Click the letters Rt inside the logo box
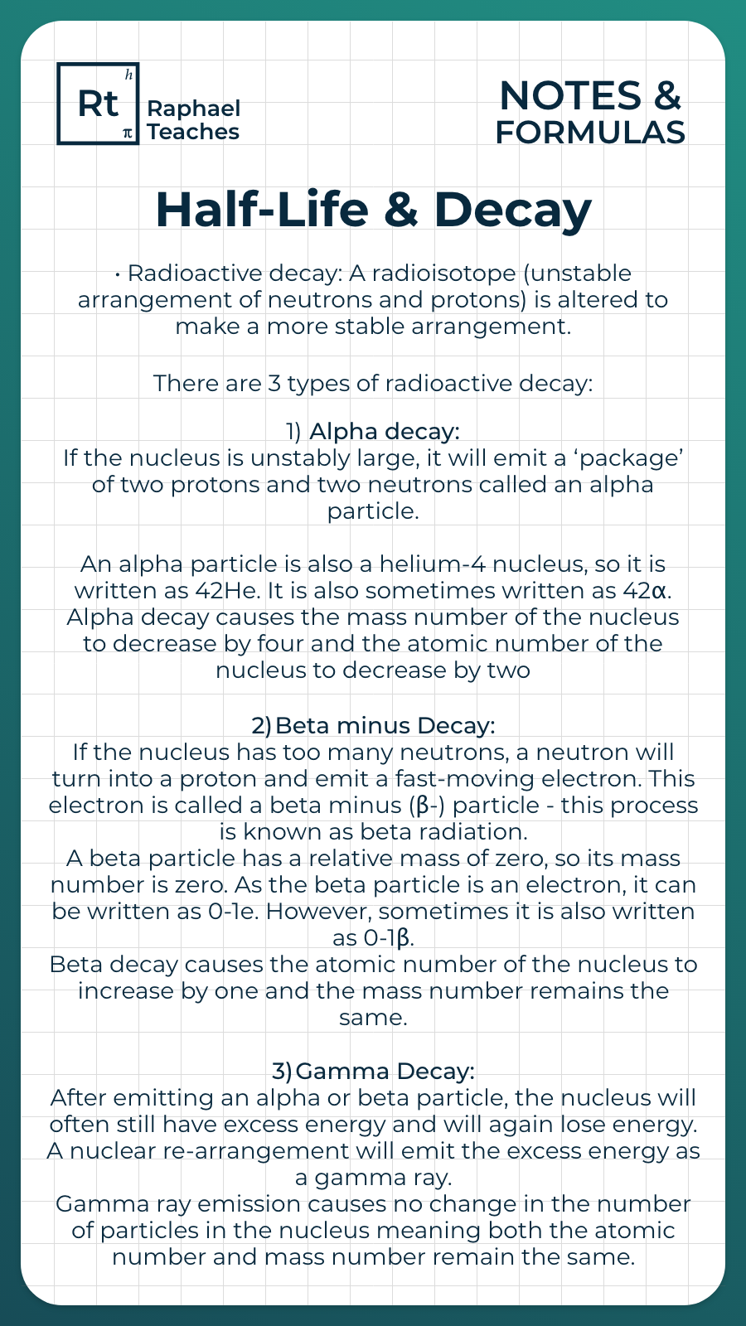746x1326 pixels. click(98, 104)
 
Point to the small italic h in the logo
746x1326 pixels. click(128, 75)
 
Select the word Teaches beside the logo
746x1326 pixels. click(193, 132)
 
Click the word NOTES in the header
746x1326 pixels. click(570, 96)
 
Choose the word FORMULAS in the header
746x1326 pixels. click(590, 133)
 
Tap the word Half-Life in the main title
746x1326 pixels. click(262, 210)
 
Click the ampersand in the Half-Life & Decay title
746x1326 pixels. click(401, 210)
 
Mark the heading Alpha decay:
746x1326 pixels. click(384, 432)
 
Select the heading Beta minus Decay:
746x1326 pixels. click(385, 726)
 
